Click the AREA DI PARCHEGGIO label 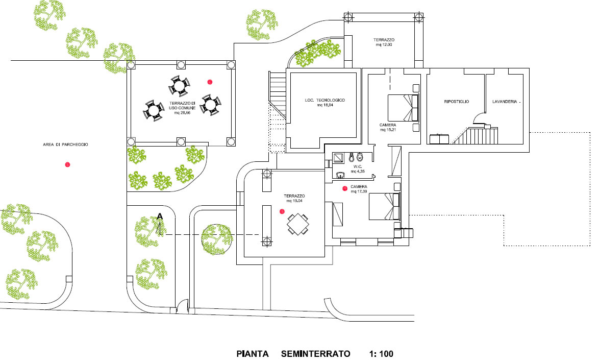(65, 145)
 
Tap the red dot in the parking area (68, 164)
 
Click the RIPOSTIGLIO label (457, 102)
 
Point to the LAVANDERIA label (505, 102)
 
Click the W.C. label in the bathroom (358, 166)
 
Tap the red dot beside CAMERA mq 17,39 (345, 188)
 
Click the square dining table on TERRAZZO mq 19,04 (298, 225)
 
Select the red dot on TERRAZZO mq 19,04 (282, 211)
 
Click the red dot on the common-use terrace (210, 82)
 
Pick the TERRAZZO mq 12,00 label (384, 42)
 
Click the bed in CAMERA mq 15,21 (403, 108)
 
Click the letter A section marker (160, 216)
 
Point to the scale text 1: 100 (382, 354)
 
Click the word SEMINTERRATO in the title (316, 354)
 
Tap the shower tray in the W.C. (338, 158)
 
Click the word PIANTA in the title (253, 354)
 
